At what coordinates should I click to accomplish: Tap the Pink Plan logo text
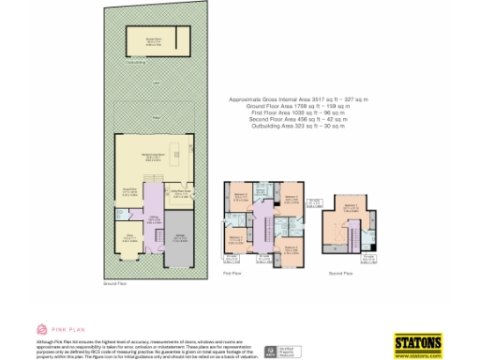pyautogui.click(x=62, y=329)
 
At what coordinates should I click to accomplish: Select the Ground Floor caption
pyautogui.click(x=115, y=281)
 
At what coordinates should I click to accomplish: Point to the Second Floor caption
pyautogui.click(x=341, y=273)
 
